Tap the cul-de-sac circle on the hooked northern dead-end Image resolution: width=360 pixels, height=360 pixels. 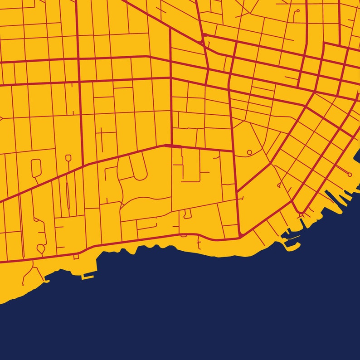coord(297,10)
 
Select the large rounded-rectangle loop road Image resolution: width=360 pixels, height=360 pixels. coord(36,167)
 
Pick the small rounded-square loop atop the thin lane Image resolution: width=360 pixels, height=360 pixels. coord(68,158)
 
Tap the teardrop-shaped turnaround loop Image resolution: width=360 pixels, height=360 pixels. coord(41,248)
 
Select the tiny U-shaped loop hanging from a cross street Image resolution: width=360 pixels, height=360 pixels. coord(187,214)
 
